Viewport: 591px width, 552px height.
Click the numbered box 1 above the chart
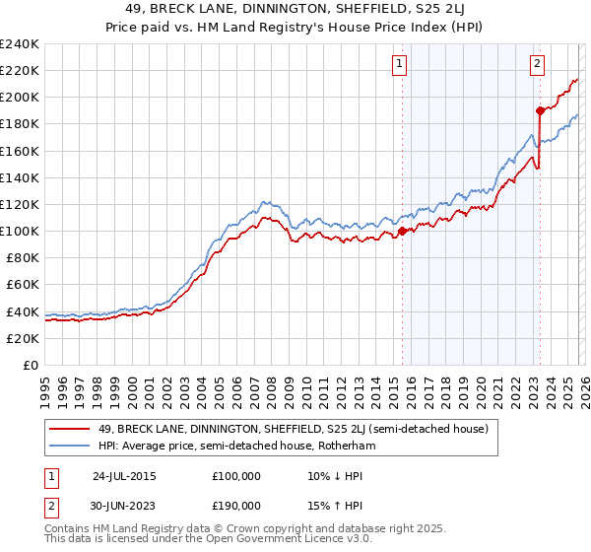(x=400, y=65)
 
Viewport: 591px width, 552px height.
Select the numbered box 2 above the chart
(x=538, y=65)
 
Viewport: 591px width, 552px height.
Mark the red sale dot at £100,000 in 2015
(x=403, y=232)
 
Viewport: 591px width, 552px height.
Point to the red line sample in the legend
(x=70, y=429)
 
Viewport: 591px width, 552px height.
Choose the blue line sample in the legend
(x=70, y=446)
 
